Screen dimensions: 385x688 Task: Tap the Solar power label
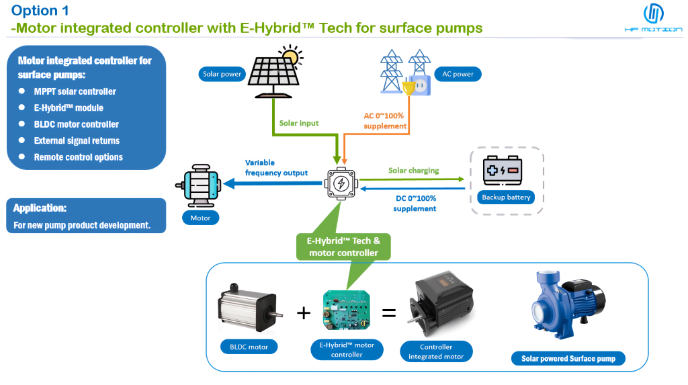pos(222,75)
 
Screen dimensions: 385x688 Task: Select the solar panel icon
pos(274,72)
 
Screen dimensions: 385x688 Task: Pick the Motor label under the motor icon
pos(201,218)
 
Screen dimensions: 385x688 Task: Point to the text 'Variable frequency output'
pos(276,168)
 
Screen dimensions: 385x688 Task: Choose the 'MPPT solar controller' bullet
pos(75,91)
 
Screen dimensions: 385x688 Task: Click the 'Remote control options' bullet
pos(78,157)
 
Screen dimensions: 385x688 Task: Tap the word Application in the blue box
pos(40,208)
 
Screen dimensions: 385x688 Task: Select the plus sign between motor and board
pos(304,312)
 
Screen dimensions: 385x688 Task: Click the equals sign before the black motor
pos(388,312)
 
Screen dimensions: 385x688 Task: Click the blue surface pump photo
pos(566,306)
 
